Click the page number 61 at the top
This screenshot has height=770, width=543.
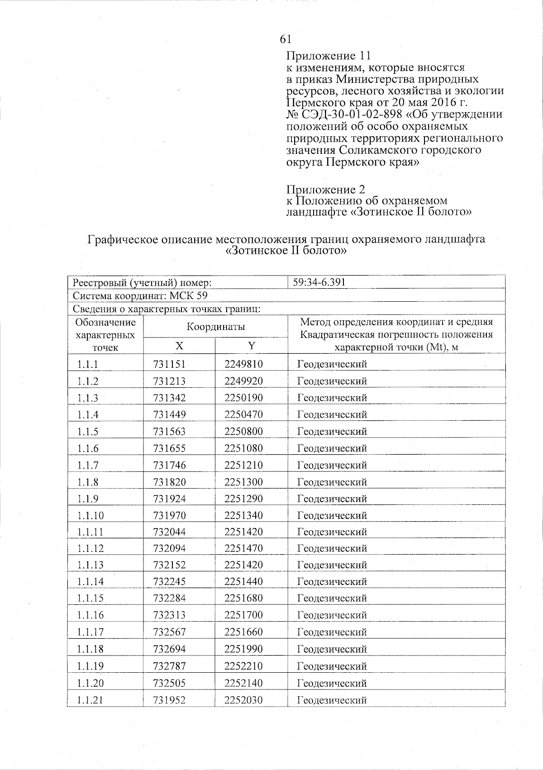point(286,39)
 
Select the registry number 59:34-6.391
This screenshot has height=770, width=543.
point(319,283)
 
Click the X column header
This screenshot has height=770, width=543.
point(179,346)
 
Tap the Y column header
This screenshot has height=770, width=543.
point(252,346)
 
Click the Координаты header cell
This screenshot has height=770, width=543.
point(216,327)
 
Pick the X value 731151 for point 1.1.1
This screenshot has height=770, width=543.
point(169,364)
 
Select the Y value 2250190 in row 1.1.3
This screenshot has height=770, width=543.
point(243,398)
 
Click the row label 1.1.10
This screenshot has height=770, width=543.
point(90,516)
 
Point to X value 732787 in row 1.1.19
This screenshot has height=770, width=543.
point(169,666)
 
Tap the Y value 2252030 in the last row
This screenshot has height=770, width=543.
point(243,700)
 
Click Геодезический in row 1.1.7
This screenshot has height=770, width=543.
point(332,466)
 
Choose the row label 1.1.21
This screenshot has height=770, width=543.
point(90,700)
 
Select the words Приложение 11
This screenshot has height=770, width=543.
point(329,56)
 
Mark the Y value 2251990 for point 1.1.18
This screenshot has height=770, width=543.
point(243,649)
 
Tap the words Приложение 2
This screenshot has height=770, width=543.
point(326,189)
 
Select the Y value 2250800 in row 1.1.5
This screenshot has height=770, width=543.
point(243,432)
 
